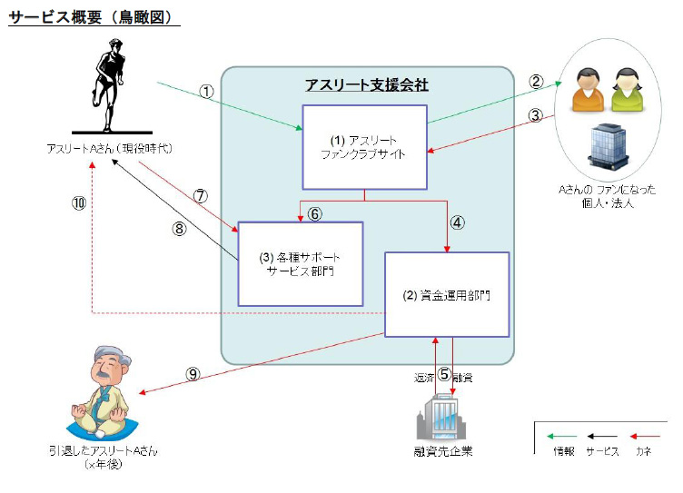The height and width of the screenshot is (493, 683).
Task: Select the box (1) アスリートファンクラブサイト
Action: click(x=364, y=147)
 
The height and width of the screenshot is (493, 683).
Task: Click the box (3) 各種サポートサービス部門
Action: click(x=300, y=263)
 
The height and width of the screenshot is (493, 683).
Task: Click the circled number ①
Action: click(x=206, y=91)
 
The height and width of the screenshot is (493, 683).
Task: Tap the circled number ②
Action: click(x=536, y=82)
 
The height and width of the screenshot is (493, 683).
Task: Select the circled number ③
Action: click(x=536, y=115)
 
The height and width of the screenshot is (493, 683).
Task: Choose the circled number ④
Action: click(x=458, y=221)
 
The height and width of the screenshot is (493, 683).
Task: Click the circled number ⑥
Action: click(x=315, y=214)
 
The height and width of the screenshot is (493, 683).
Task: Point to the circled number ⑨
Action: click(x=193, y=372)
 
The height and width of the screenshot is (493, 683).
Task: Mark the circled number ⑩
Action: click(x=79, y=202)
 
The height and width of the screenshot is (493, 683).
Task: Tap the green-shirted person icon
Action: click(x=626, y=91)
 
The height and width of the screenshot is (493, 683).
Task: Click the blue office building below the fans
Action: click(x=609, y=145)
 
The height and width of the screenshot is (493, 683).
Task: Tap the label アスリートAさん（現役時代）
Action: click(x=109, y=148)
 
